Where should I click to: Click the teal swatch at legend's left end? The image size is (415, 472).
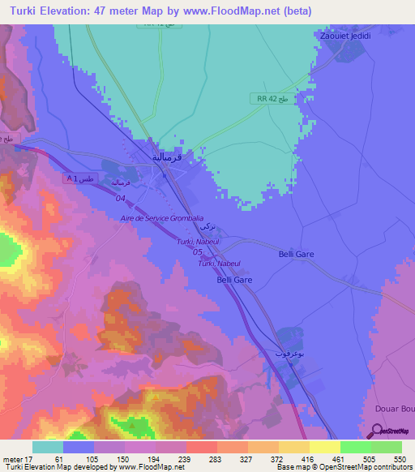[x=48, y=447]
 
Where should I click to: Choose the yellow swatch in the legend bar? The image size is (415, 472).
[x=324, y=447]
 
